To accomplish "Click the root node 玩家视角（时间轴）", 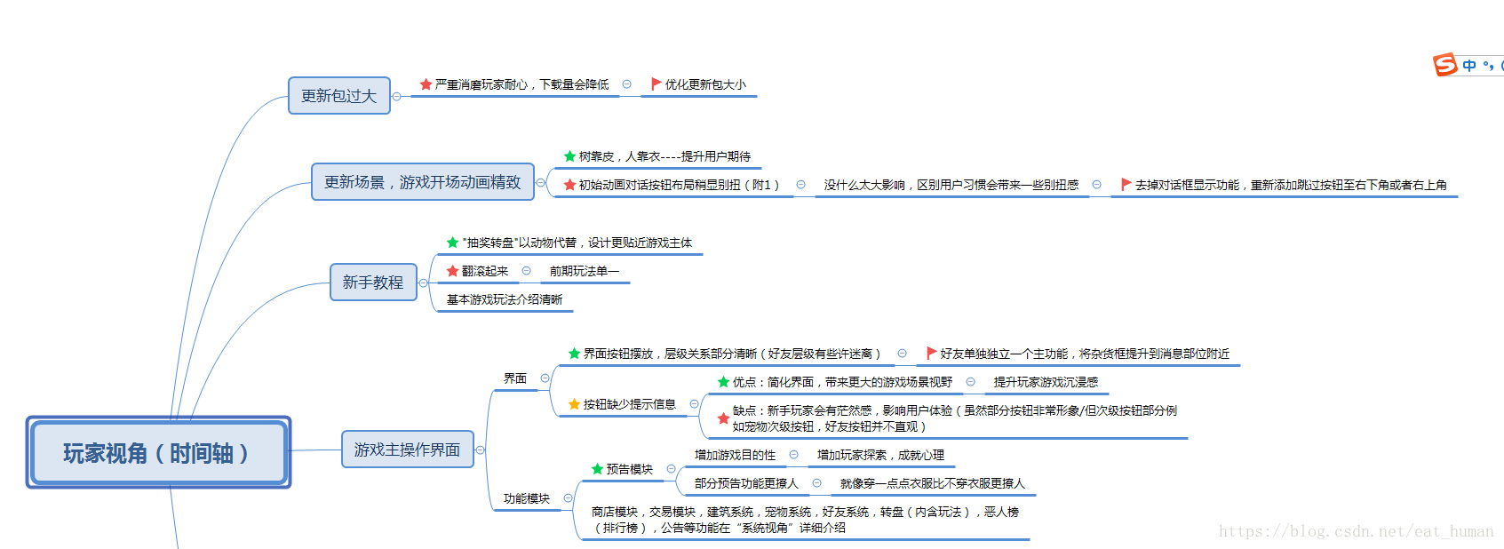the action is (x=158, y=453).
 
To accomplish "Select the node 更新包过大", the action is (x=338, y=96).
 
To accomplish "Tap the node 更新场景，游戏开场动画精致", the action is (x=422, y=182).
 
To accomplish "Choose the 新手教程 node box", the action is (x=373, y=282).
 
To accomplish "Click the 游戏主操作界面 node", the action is (x=407, y=450).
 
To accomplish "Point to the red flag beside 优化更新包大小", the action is (x=656, y=84).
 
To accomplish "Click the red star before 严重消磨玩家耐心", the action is (x=426, y=84).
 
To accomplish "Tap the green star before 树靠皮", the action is (x=569, y=156).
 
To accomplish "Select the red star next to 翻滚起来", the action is (x=452, y=271).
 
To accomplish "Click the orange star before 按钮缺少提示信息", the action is (x=574, y=404).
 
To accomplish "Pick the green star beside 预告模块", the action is (x=597, y=469).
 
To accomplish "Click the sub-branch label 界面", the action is (x=515, y=378).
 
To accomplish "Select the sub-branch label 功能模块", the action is (x=526, y=498).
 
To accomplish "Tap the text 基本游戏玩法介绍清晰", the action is (x=504, y=299).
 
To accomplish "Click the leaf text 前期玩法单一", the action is (x=584, y=271).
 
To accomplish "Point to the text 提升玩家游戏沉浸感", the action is (x=1046, y=382).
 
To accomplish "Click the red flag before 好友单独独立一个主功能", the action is (x=931, y=354).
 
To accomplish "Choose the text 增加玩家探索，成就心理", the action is (x=880, y=455).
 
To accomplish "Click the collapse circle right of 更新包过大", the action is (x=397, y=96).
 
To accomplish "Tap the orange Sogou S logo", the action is (x=1445, y=65).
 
